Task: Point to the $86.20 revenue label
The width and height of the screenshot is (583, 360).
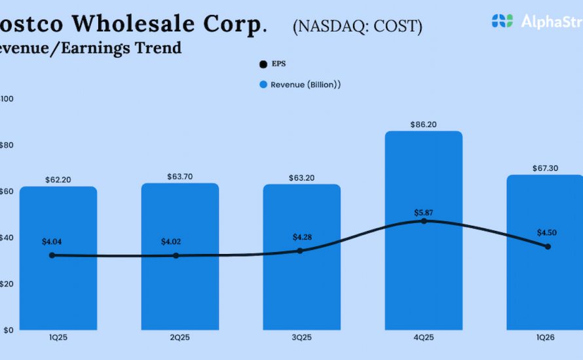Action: click(424, 123)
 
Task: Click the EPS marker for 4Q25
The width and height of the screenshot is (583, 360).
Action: click(424, 221)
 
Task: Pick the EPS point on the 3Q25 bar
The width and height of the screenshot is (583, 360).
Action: click(300, 251)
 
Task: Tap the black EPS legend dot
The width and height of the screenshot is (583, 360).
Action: click(263, 64)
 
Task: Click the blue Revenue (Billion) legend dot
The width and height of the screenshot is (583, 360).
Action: click(263, 84)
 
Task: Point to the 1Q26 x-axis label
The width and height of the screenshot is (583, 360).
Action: click(545, 338)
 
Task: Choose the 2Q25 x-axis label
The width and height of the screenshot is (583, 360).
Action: click(180, 338)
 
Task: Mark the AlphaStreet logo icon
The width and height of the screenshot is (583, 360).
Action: click(502, 21)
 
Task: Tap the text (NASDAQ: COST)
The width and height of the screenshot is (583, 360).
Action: click(357, 26)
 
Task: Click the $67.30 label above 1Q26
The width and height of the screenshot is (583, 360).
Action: click(545, 168)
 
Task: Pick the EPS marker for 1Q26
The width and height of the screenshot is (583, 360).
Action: click(548, 247)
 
